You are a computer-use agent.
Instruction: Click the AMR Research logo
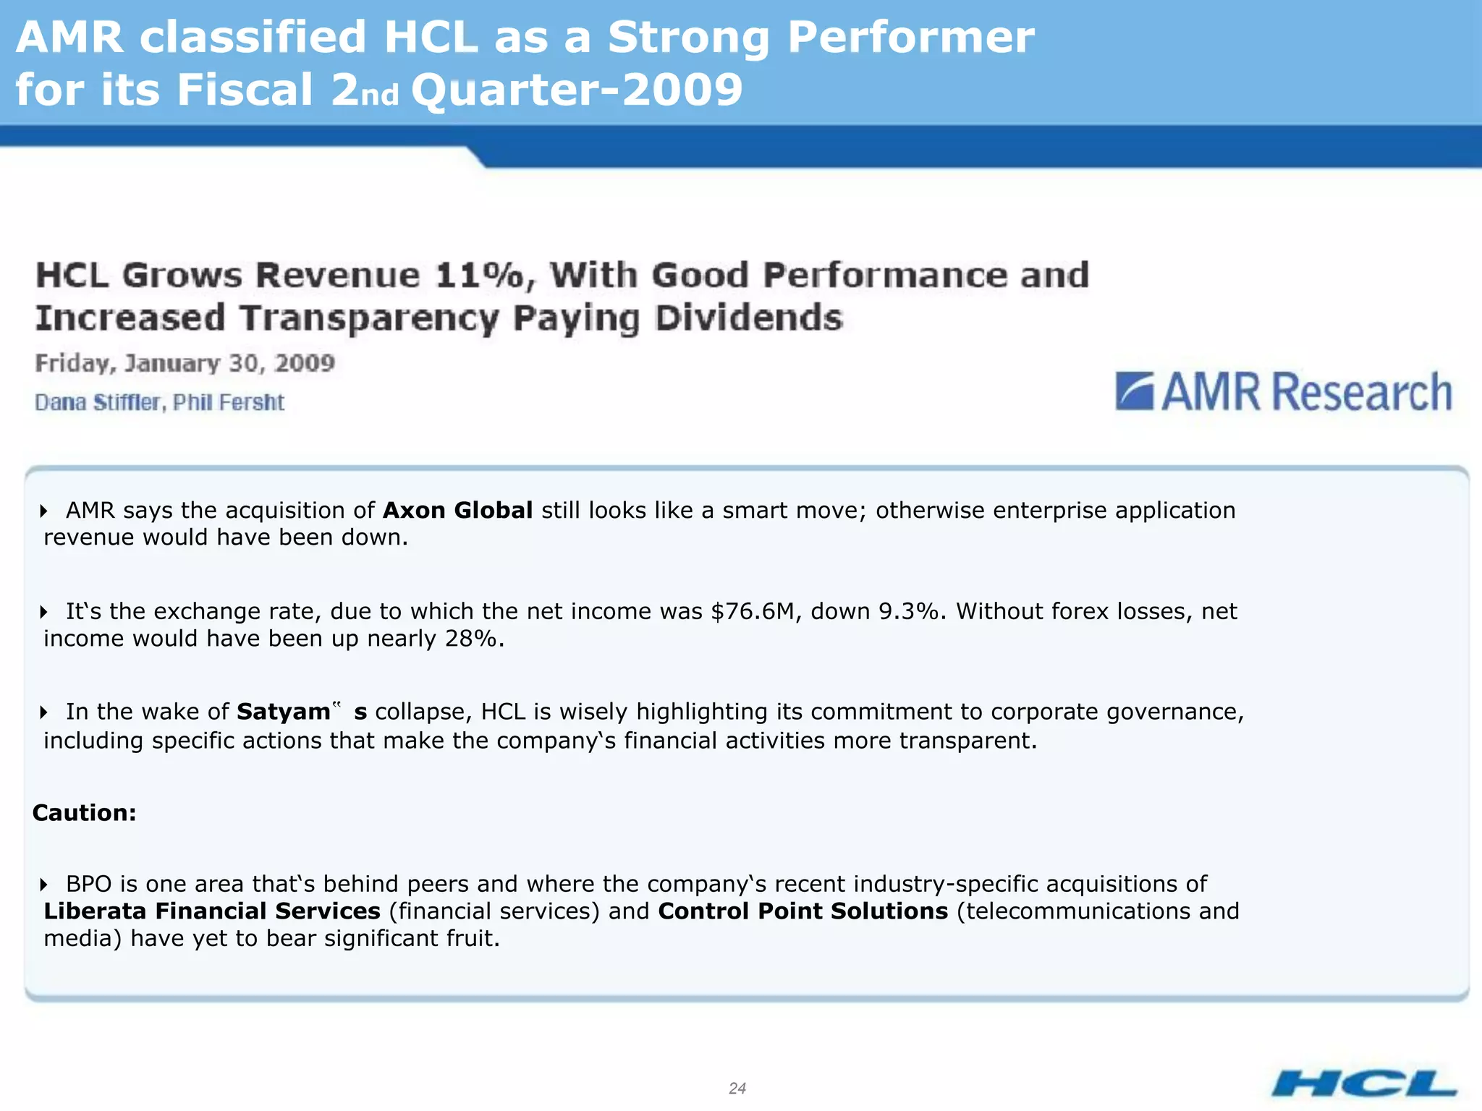(1284, 392)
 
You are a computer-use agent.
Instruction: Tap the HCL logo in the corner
(1364, 1084)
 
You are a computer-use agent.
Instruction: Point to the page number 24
(737, 1088)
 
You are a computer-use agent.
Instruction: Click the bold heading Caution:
(85, 813)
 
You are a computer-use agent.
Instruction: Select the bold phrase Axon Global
(457, 511)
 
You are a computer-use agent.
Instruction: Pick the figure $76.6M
(753, 612)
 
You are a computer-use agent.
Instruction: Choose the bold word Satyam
(283, 712)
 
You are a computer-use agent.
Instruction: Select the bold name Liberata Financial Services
(212, 911)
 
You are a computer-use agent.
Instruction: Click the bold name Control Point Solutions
(803, 911)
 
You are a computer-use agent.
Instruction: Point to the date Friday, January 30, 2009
(185, 363)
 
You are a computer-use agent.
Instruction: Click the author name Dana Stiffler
(97, 402)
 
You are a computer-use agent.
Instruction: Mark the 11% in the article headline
(479, 276)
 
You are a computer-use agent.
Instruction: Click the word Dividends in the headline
(749, 318)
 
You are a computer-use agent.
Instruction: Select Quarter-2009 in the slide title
(577, 90)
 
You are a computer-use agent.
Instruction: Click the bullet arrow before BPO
(44, 885)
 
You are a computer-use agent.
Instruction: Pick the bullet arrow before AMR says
(44, 511)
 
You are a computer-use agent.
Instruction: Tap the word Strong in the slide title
(688, 38)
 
